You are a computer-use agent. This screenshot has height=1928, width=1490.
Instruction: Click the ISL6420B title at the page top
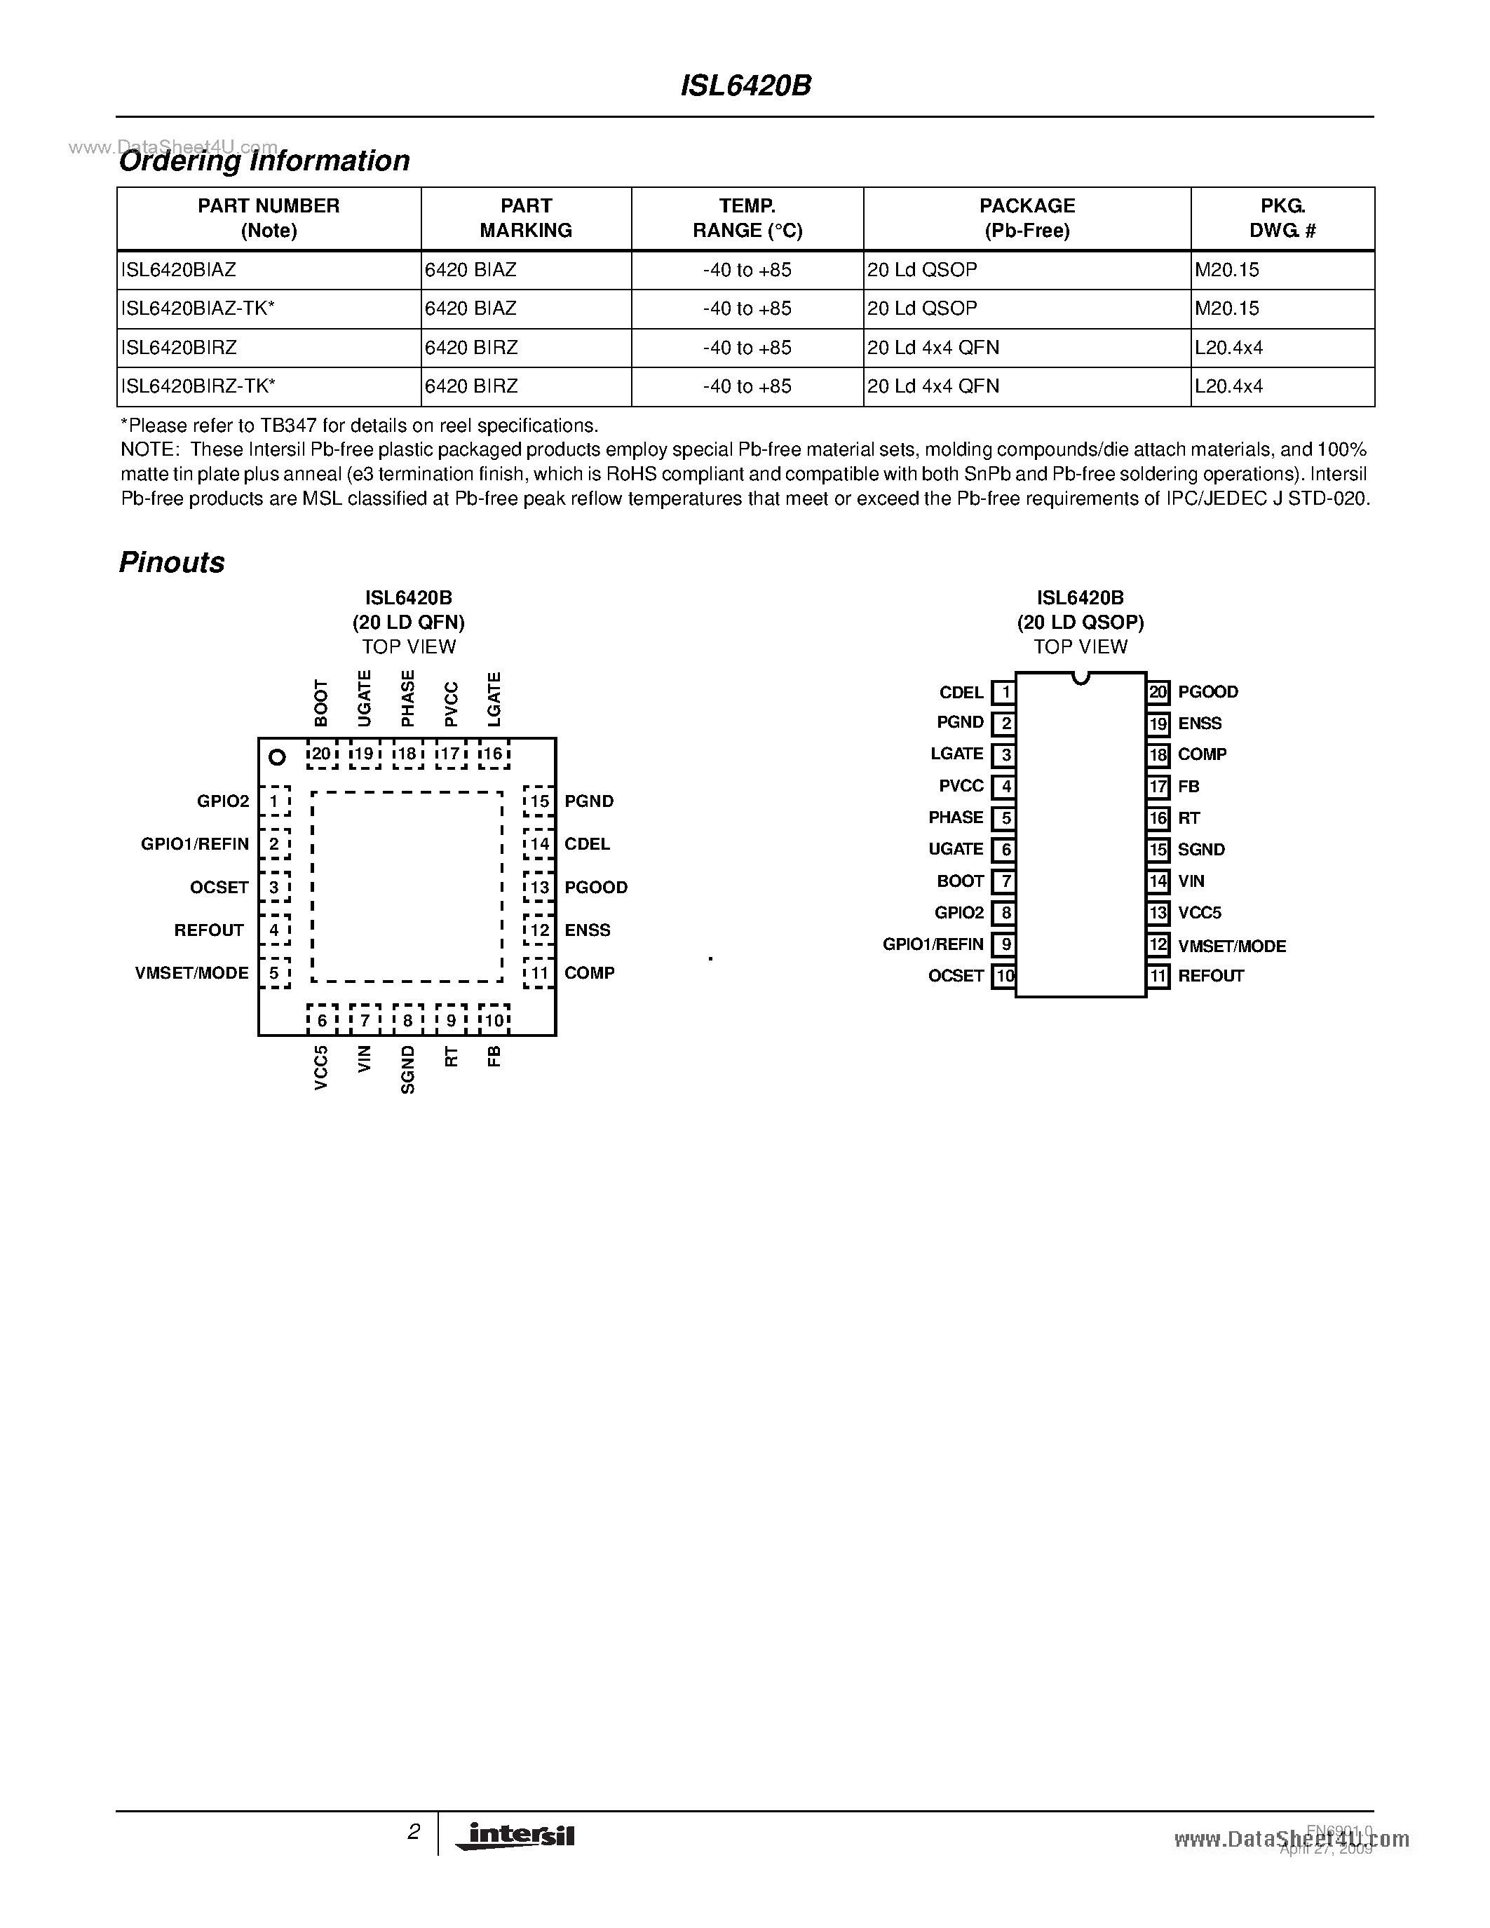click(746, 86)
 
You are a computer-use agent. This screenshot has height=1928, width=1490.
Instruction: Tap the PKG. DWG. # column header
click(1282, 218)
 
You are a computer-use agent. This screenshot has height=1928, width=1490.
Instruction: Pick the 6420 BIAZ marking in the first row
click(470, 270)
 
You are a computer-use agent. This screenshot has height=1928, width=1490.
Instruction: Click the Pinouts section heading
click(171, 562)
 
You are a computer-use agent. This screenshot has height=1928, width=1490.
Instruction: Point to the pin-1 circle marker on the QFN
click(277, 756)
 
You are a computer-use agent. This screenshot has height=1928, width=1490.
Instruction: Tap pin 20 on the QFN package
click(321, 754)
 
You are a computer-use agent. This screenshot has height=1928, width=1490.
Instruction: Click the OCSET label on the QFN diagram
click(219, 887)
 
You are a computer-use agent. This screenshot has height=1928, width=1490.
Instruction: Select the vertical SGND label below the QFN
click(407, 1070)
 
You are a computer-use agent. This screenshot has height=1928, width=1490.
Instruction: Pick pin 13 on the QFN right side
click(539, 887)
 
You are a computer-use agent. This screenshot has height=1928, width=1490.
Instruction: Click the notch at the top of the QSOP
click(1081, 678)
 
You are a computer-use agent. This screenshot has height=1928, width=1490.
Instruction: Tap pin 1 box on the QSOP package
click(1003, 693)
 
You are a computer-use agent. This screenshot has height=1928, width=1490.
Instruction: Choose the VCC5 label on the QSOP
click(1200, 913)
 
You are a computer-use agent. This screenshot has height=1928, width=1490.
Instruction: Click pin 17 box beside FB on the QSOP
click(1158, 787)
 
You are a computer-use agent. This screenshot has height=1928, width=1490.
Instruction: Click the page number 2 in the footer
click(413, 1832)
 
